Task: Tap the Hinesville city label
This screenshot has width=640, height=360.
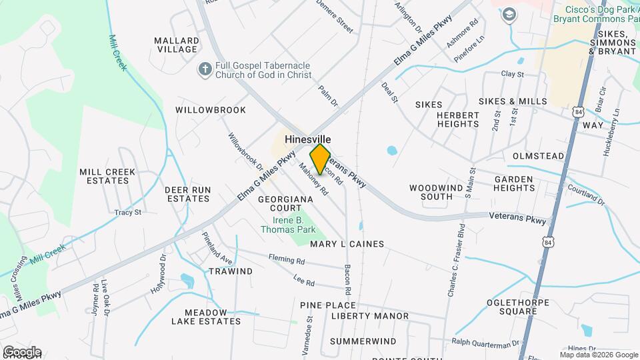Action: (308, 139)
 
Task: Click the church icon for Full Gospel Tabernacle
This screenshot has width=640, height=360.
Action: (205, 69)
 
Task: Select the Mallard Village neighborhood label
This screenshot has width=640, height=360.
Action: (176, 45)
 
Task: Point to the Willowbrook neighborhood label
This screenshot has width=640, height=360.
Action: (211, 109)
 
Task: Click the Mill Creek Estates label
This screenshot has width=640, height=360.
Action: (107, 176)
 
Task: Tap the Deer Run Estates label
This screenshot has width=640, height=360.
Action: (188, 194)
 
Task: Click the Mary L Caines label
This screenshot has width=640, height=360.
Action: (347, 244)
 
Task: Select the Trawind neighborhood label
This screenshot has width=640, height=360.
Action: (231, 271)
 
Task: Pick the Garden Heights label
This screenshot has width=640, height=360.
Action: (513, 183)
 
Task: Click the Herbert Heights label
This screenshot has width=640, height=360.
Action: (458, 119)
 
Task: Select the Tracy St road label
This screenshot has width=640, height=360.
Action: (128, 213)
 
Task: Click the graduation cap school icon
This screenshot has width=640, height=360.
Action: (510, 15)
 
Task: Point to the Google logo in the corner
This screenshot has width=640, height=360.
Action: (21, 352)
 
